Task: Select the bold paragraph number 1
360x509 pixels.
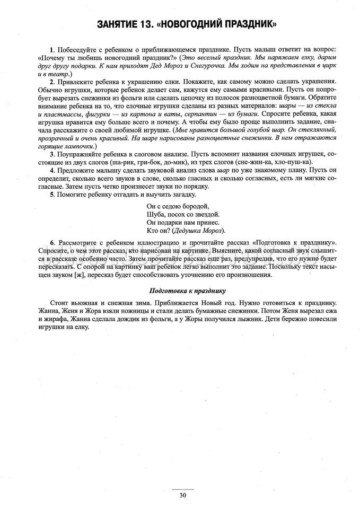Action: tap(51, 49)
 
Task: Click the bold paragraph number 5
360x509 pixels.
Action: tap(51, 194)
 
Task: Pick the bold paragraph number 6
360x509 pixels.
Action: tap(52, 242)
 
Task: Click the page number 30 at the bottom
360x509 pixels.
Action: tap(182, 496)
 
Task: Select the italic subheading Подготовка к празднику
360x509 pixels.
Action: tap(188, 291)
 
